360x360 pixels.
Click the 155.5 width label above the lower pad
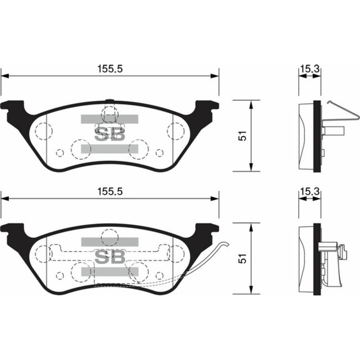pos(110,191)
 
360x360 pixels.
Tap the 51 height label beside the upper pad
pos(243,136)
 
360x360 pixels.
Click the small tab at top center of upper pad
pos(109,100)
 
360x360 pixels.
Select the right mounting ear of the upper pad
pos(207,107)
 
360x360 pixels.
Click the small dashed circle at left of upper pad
pos(59,153)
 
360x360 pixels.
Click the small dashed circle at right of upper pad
pos(159,153)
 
